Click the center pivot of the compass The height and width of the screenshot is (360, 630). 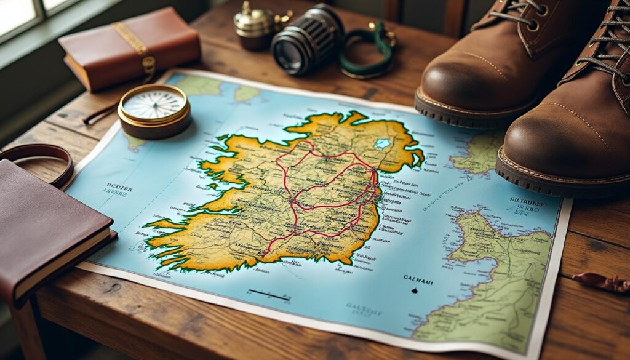154,104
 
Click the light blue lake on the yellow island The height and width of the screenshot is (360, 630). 383,143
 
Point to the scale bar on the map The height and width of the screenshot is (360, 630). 269,295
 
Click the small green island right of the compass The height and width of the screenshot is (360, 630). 246,93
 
